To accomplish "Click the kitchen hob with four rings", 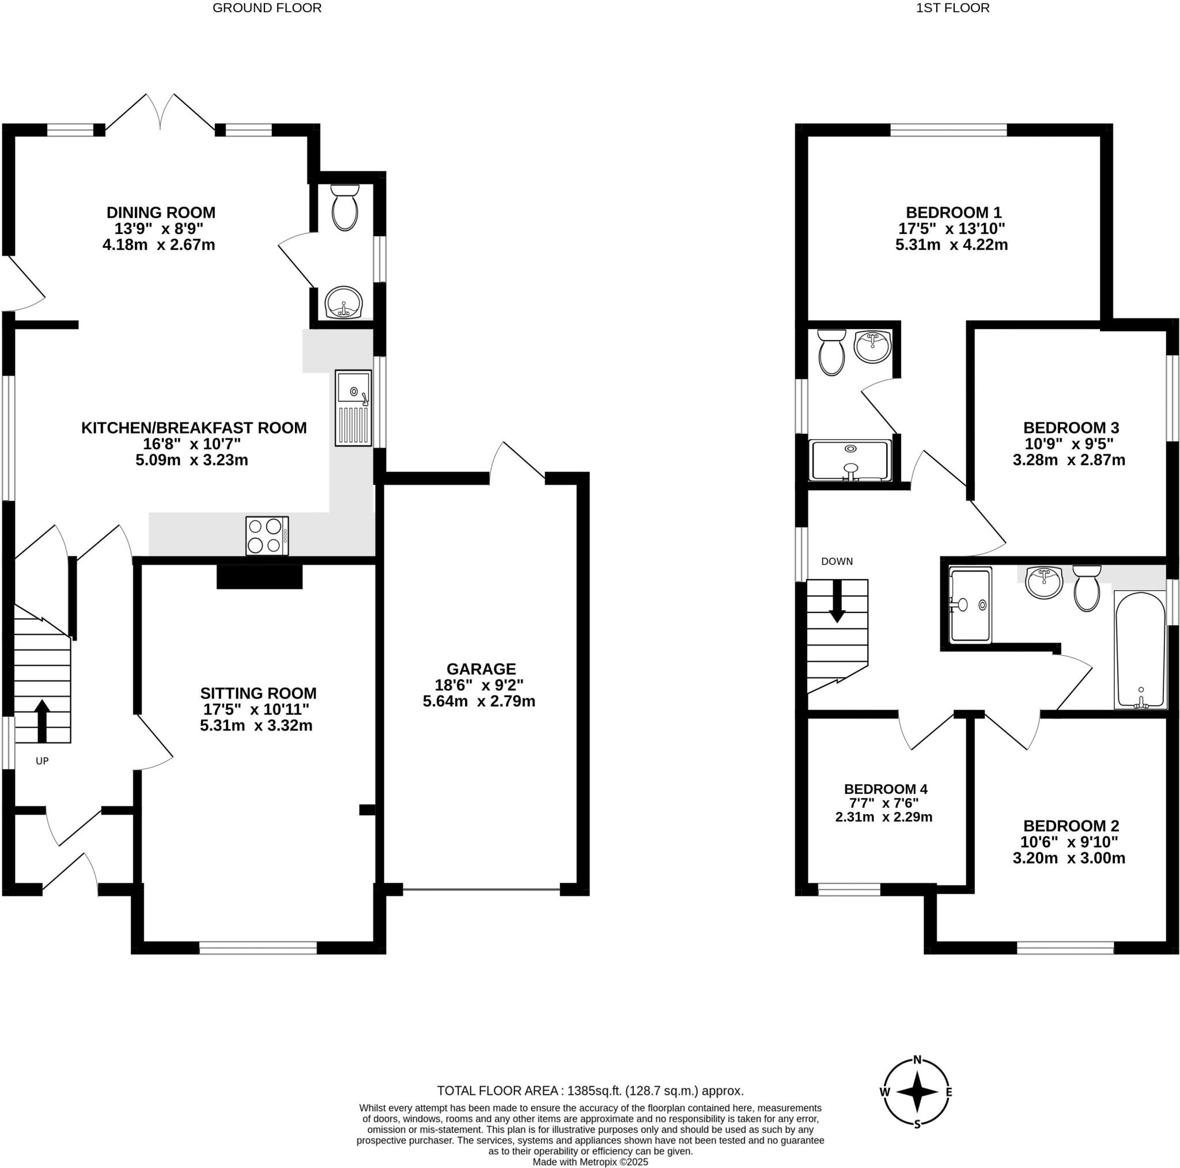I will (267, 536).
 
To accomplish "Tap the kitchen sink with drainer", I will (353, 407).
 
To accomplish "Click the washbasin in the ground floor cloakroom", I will (343, 303).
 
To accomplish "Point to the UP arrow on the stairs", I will (41, 721).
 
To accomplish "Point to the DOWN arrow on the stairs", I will (837, 600).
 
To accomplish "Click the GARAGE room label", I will (481, 669).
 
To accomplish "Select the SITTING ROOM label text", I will (258, 693).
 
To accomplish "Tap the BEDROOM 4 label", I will (886, 789).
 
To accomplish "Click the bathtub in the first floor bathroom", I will (1140, 650).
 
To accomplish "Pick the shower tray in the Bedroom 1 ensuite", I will (850, 460).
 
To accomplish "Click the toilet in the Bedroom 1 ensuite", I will (831, 353).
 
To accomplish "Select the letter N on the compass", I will (917, 1060).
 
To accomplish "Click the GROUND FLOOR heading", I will (267, 8).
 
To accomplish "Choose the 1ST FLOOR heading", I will (953, 8).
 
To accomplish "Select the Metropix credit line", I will (590, 1162).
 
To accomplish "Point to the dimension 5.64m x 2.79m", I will (479, 701).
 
